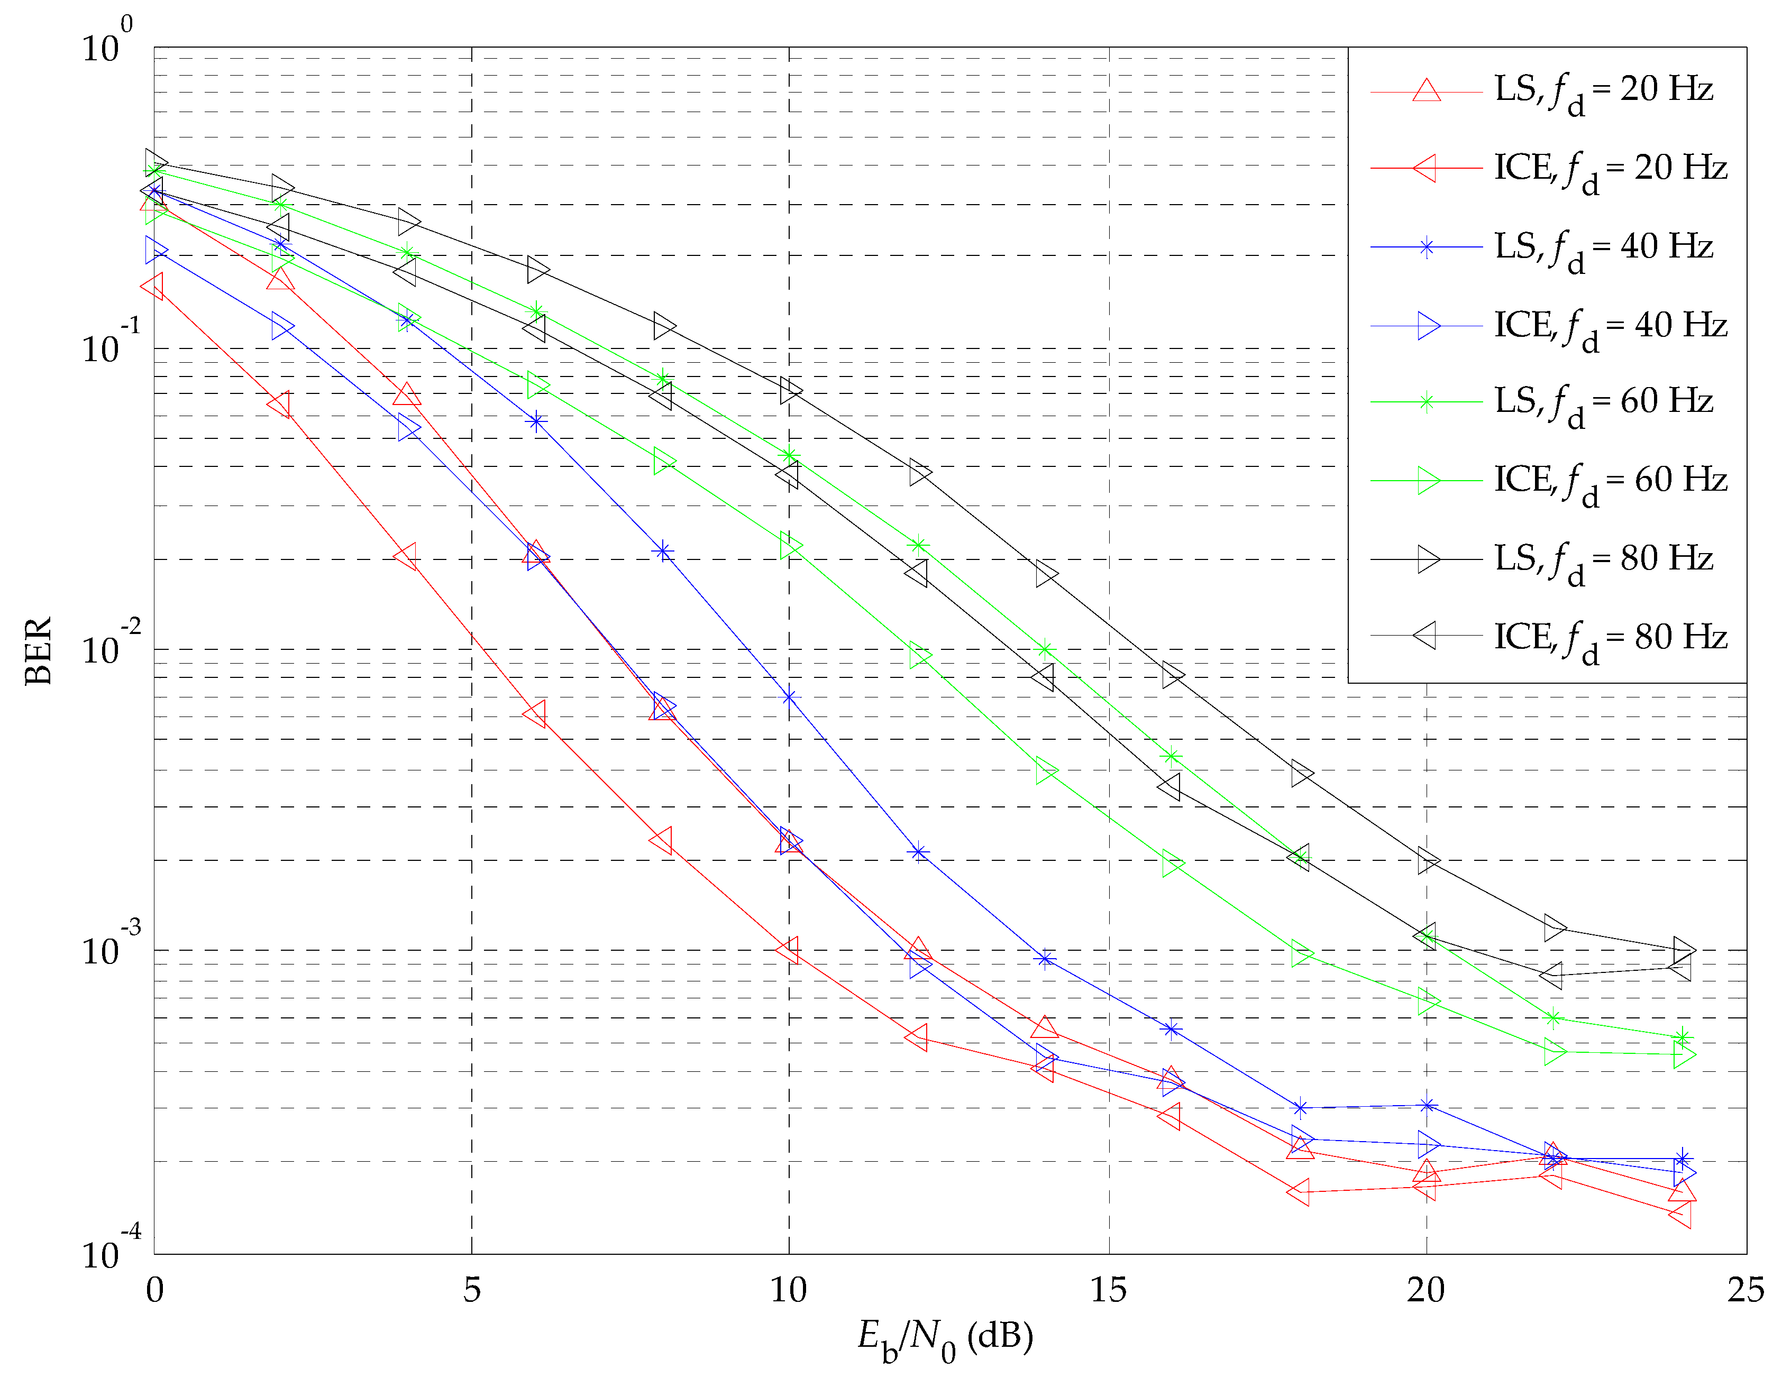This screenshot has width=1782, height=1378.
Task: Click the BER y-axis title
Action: (x=39, y=650)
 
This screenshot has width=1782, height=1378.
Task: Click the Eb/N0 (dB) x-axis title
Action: (x=945, y=1338)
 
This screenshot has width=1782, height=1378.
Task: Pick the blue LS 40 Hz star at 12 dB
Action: (x=919, y=852)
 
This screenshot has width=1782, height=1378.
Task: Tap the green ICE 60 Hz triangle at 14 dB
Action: (x=1045, y=771)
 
